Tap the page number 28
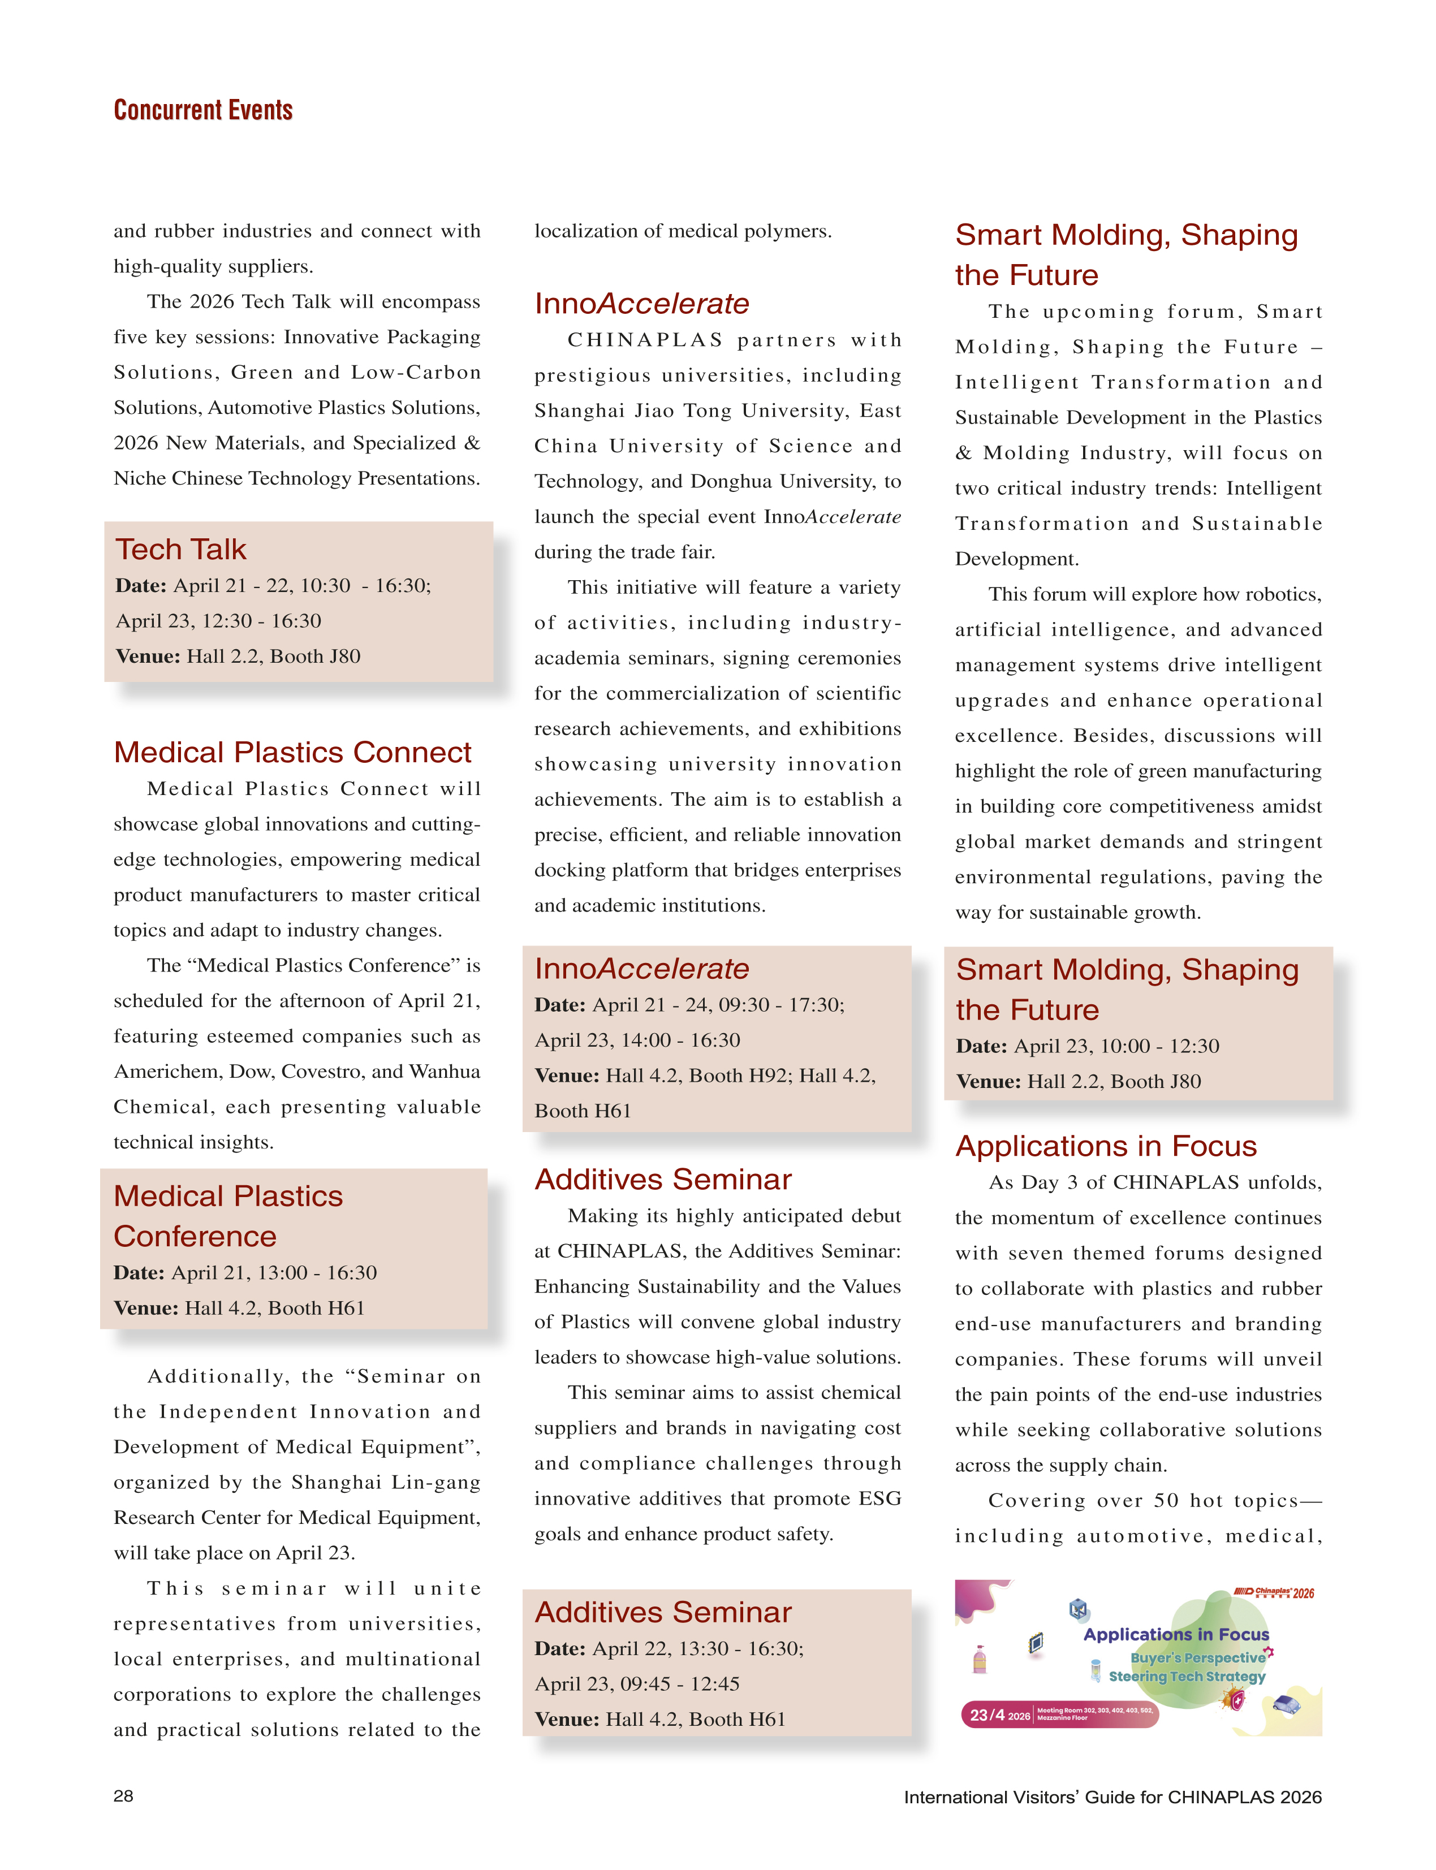click(x=123, y=1796)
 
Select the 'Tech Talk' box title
click(x=180, y=549)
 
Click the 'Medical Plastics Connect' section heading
click(x=292, y=752)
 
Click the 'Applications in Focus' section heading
click(x=1106, y=1146)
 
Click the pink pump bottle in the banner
click(x=980, y=1659)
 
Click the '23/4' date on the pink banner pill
click(x=987, y=1714)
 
